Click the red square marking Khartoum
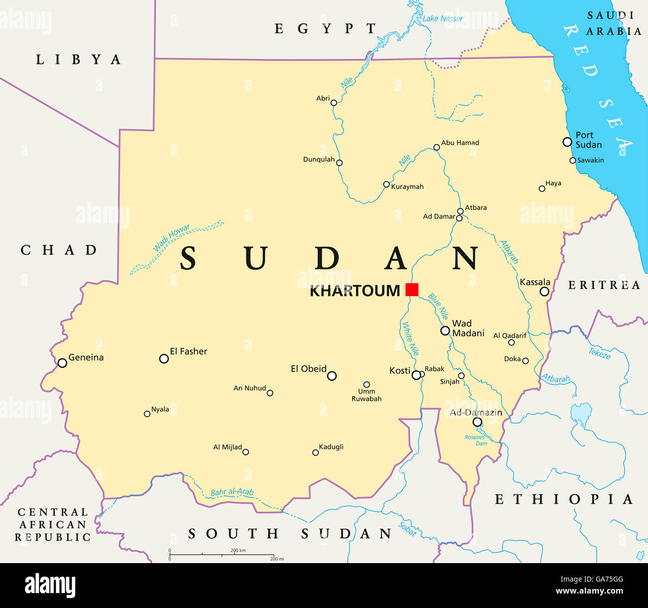[412, 290]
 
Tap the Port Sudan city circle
[567, 142]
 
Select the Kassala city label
[535, 282]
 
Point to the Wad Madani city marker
[445, 331]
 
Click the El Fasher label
[188, 352]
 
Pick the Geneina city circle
[62, 363]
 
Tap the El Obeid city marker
[332, 376]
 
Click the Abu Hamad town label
[460, 143]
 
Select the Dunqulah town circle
[339, 163]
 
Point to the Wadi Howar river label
[171, 238]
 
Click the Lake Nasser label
[443, 19]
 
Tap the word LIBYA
[78, 60]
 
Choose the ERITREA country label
[604, 285]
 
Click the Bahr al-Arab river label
[232, 492]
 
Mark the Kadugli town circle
[316, 453]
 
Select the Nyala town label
[160, 409]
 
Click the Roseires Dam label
[475, 440]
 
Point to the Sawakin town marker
[573, 161]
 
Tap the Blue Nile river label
[438, 306]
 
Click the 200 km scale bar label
[238, 551]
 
